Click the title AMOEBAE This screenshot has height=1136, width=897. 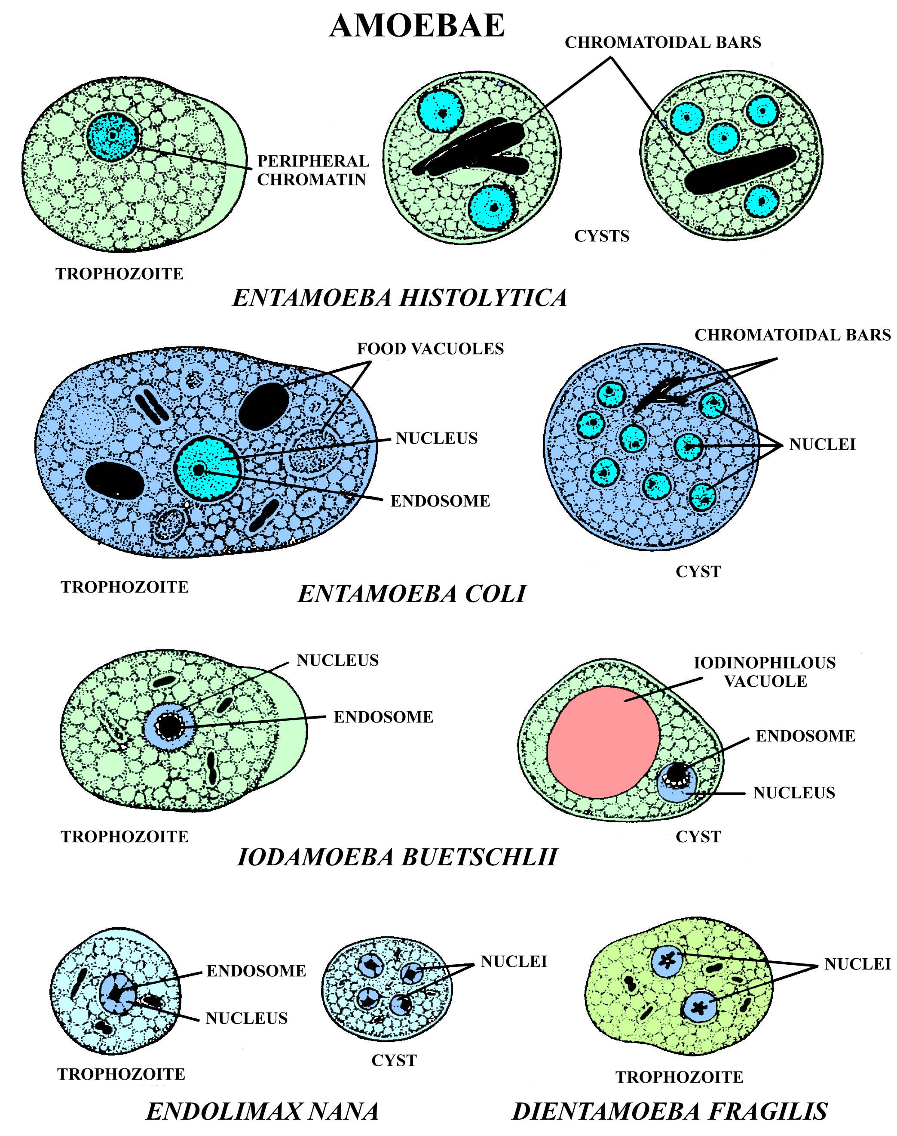point(417,26)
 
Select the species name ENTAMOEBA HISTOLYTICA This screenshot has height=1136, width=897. point(400,297)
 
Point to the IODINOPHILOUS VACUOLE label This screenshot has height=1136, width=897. point(765,672)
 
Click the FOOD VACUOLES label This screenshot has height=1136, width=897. point(430,349)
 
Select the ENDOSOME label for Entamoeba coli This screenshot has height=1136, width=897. point(440,501)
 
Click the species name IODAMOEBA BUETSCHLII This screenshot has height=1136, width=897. point(397,857)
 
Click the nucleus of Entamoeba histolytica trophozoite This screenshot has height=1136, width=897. point(112,137)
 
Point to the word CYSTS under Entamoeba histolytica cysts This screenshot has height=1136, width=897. point(602,236)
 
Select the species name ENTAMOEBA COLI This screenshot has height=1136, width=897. point(412,594)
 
